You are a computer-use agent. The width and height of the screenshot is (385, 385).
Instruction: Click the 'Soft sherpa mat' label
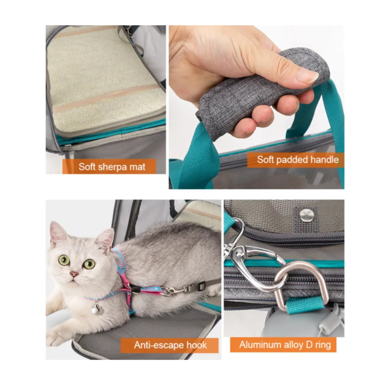(x=112, y=166)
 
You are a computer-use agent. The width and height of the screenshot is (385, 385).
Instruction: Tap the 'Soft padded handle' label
(x=298, y=160)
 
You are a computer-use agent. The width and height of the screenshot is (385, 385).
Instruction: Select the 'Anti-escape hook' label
(x=170, y=345)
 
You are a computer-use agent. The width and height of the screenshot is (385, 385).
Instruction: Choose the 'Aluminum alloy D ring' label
(x=285, y=345)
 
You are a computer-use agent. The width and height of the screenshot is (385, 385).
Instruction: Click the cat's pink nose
(x=74, y=274)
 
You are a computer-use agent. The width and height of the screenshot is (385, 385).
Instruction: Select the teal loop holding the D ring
(x=304, y=306)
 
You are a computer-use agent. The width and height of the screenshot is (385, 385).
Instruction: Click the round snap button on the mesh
(x=307, y=215)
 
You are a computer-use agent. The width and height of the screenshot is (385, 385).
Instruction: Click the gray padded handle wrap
(x=264, y=89)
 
